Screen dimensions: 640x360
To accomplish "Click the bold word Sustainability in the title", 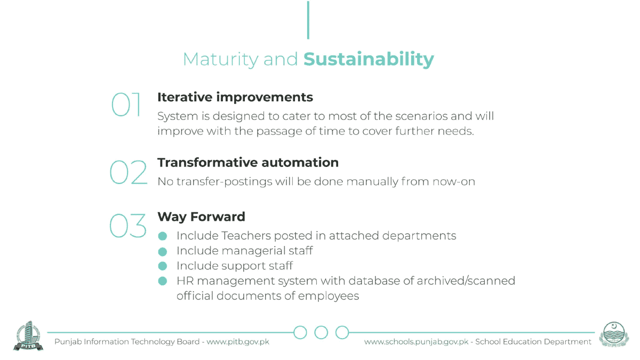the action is pyautogui.click(x=369, y=59).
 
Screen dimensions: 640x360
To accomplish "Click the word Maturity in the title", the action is pyautogui.click(x=221, y=60).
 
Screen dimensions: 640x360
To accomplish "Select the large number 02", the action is pyautogui.click(x=129, y=172).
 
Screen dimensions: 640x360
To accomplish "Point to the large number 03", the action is pyautogui.click(x=127, y=226).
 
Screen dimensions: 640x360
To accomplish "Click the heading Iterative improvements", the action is pyautogui.click(x=235, y=97).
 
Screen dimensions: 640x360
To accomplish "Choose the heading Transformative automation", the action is pyautogui.click(x=248, y=163).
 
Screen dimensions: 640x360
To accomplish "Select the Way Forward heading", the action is pyautogui.click(x=202, y=217).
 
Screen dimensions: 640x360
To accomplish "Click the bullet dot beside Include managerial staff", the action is pyautogui.click(x=163, y=251).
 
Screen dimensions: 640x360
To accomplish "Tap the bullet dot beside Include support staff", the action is pyautogui.click(x=163, y=266).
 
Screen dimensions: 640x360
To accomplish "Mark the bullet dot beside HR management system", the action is pyautogui.click(x=163, y=281).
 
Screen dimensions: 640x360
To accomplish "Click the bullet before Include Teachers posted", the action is pyautogui.click(x=163, y=236).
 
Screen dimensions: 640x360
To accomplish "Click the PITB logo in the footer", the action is pyautogui.click(x=28, y=336).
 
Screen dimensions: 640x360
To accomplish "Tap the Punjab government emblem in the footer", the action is pyautogui.click(x=614, y=334).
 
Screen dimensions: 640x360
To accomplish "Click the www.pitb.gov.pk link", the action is pyautogui.click(x=238, y=342).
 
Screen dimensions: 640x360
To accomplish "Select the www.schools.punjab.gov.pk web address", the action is pyautogui.click(x=417, y=342).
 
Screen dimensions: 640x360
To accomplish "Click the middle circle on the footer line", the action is pyautogui.click(x=321, y=326).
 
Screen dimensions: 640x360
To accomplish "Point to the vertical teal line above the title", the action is pyautogui.click(x=308, y=20).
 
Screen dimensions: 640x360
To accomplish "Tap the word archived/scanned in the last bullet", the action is pyautogui.click(x=466, y=281).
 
